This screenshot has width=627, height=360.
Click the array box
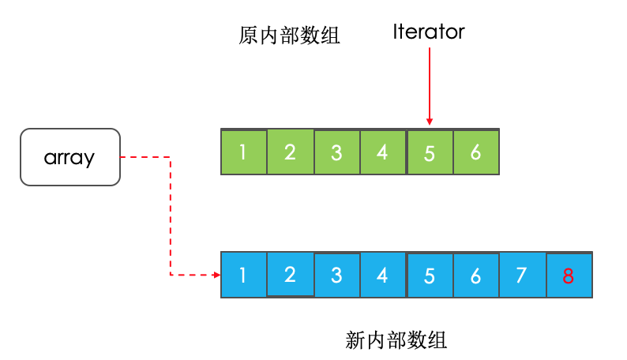point(69,157)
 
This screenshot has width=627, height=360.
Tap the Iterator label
point(429,32)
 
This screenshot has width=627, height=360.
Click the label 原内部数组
point(289,36)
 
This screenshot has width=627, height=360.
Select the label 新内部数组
point(396,340)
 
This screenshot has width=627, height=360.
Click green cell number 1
point(243,152)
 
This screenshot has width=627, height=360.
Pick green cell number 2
point(290,152)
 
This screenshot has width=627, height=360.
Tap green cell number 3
point(336,152)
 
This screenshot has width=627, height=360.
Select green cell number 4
point(383,152)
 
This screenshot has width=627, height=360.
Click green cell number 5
point(430,152)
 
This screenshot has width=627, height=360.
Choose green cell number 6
point(476,152)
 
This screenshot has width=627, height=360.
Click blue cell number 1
point(243,275)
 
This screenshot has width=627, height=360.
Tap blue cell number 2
point(290,275)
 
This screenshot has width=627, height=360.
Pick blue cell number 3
point(336,275)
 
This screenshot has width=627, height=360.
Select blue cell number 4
point(383,275)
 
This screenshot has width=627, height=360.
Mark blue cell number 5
point(430,275)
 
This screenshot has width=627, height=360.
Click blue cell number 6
point(476,275)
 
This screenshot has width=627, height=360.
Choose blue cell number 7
point(522,275)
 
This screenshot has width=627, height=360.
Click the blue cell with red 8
point(569,275)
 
